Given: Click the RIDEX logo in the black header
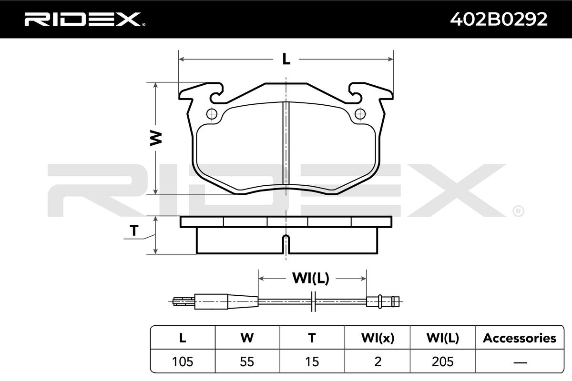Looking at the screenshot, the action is point(85,19).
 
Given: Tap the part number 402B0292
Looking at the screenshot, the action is point(499,19).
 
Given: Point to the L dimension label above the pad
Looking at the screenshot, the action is point(286,59).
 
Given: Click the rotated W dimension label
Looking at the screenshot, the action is point(156,138).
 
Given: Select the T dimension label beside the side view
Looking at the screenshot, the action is point(134,230).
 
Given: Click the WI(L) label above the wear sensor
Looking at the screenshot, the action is point(311,278).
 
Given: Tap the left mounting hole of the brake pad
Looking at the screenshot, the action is point(212,114).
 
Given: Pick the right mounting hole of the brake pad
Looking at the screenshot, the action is point(360,114).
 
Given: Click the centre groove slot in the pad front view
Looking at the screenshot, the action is point(286,143).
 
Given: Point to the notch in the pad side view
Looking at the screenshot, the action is point(286,244).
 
